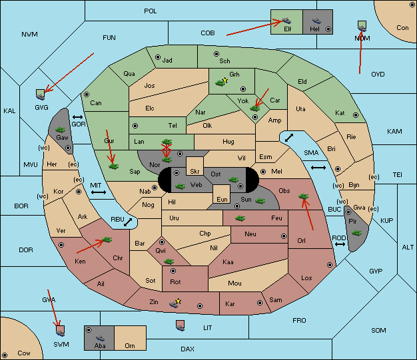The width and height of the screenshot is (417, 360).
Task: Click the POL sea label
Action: (151, 11)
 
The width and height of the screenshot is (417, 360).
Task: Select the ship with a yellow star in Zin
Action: (175, 303)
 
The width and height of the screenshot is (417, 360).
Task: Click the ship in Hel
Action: (316, 21)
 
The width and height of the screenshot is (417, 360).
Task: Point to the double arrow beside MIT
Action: (99, 192)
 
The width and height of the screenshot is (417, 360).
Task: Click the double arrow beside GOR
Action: (77, 117)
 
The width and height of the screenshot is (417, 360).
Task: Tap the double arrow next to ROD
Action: (340, 244)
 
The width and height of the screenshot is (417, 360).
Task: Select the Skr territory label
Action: (195, 172)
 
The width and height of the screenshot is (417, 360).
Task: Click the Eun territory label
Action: (222, 199)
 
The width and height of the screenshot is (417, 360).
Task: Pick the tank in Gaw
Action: (61, 130)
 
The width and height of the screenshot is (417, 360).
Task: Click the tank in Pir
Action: (356, 233)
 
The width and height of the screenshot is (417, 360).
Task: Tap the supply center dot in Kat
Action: (356, 115)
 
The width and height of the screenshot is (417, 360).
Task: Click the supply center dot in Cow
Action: (5, 355)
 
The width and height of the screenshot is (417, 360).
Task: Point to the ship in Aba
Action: (100, 338)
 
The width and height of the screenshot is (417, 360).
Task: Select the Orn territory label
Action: (130, 345)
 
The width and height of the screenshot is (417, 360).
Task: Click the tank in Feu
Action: (240, 218)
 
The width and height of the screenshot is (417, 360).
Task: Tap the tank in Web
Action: (180, 186)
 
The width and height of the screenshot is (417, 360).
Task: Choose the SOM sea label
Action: (378, 331)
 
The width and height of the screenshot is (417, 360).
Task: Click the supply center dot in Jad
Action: (158, 57)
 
